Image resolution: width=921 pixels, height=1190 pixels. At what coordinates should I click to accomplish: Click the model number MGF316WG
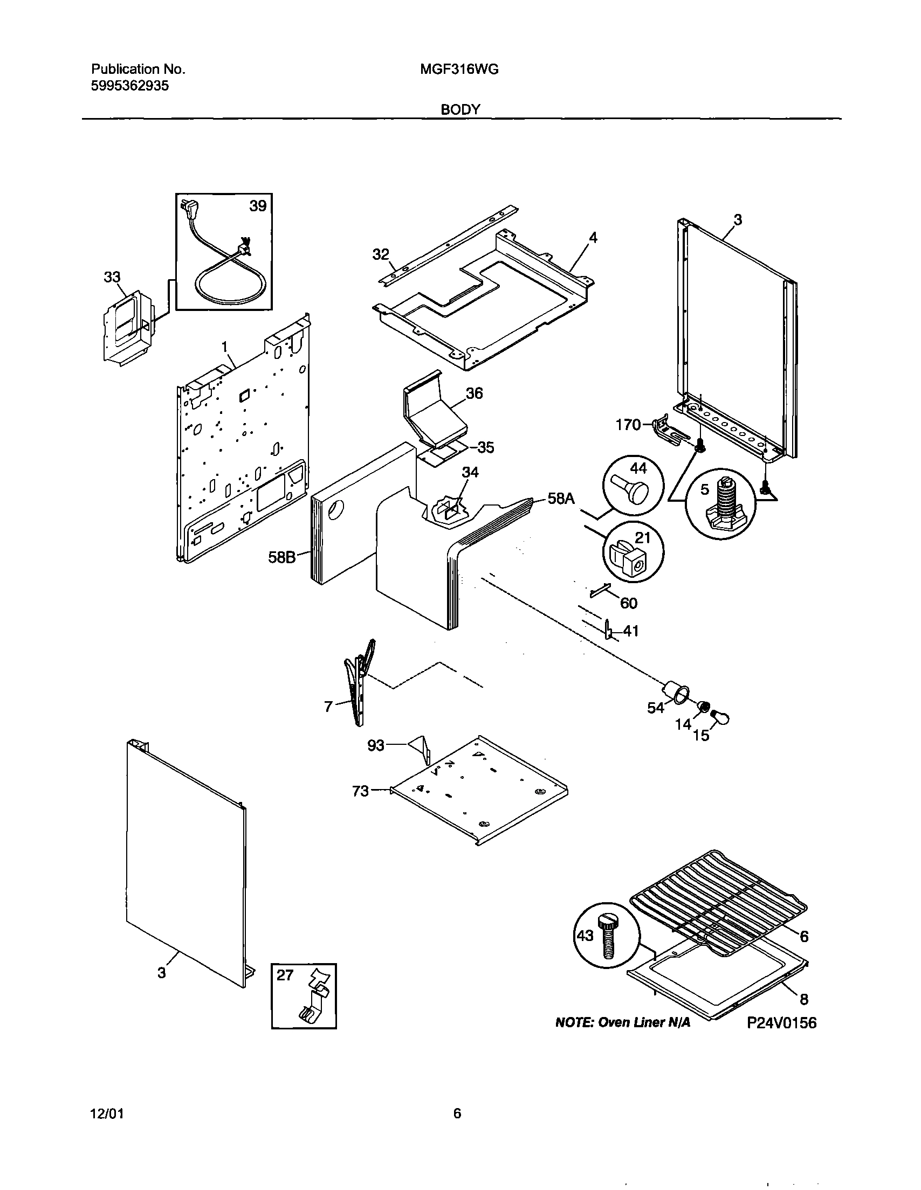point(459,69)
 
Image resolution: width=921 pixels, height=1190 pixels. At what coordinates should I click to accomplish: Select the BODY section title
point(460,109)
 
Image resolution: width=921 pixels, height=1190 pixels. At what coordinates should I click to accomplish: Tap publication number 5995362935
point(130,86)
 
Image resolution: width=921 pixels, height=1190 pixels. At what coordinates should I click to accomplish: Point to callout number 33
point(112,277)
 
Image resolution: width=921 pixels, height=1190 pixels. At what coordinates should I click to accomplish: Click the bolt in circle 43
point(608,937)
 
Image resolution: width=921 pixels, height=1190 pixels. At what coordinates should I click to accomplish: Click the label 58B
point(281,557)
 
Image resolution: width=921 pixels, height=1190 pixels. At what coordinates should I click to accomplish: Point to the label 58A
point(561,498)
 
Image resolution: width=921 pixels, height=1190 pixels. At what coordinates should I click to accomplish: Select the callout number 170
point(628,425)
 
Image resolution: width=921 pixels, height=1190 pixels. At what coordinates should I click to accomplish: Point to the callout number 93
point(376,745)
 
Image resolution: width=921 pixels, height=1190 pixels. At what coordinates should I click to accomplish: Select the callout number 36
point(474,393)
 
